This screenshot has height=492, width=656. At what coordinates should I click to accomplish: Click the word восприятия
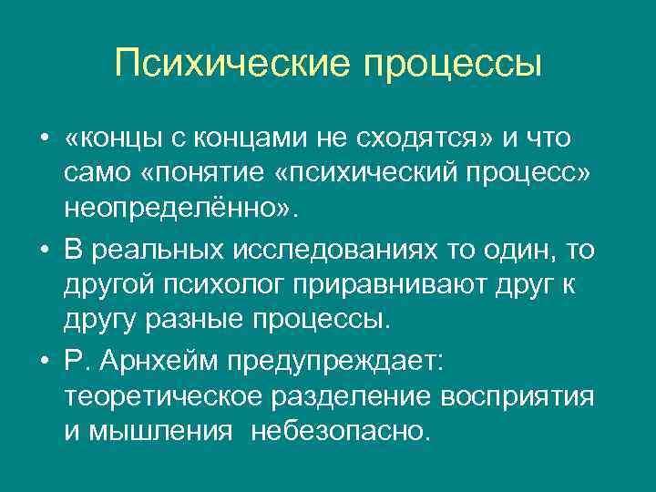(x=518, y=396)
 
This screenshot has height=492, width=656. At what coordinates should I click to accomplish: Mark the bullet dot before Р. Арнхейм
(x=44, y=362)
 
